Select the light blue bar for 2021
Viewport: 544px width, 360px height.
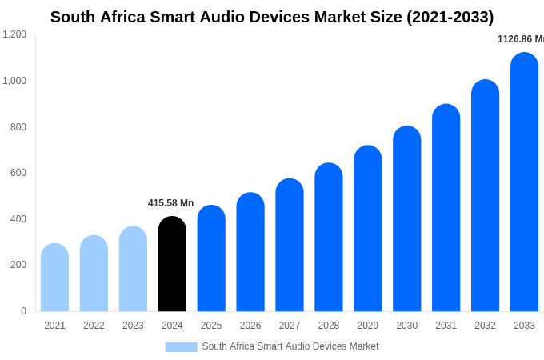54,278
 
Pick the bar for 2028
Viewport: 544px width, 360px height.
328,238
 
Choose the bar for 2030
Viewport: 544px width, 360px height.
406,219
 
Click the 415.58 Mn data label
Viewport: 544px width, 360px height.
170,203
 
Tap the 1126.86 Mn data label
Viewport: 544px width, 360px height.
520,39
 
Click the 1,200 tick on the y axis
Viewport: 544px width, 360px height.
14,34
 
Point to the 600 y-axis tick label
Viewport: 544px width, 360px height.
18,173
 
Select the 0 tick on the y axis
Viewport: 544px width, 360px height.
23,311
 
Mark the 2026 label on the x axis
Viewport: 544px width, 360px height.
250,326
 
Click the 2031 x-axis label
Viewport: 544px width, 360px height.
446,326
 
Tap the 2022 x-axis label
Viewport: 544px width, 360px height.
94,326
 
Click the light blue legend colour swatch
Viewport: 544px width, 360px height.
181,347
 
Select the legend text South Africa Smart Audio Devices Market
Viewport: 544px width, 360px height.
290,346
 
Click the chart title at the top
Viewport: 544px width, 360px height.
272,17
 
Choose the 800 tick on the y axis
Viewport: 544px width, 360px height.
18,127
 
